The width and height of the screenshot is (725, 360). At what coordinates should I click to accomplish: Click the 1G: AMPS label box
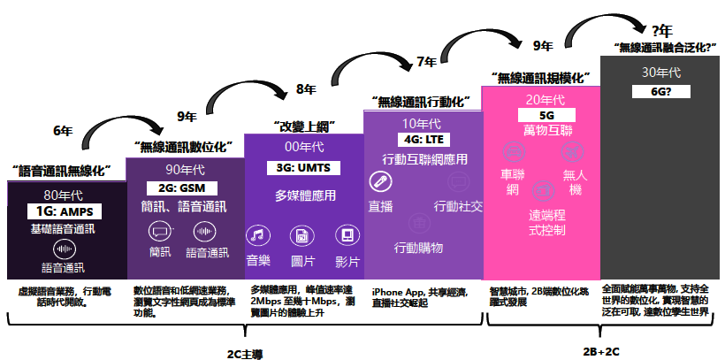[65, 211]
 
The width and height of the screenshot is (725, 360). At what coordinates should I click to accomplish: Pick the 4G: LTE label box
[422, 140]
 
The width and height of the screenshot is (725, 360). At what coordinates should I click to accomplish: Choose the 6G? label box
[660, 90]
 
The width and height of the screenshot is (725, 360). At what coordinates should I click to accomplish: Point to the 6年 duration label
[63, 130]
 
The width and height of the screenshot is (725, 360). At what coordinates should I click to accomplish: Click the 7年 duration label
[425, 62]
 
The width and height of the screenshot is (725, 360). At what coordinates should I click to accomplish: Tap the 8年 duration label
[306, 88]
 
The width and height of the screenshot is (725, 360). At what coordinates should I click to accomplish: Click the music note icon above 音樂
[256, 235]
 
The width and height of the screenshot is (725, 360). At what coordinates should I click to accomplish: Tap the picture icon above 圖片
[302, 235]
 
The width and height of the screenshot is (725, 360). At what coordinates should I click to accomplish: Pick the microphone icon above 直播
[380, 182]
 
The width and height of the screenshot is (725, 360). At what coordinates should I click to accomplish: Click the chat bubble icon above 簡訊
[160, 232]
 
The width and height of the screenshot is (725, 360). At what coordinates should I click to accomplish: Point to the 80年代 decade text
[65, 195]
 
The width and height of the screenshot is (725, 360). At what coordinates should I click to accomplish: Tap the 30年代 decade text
[660, 73]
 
